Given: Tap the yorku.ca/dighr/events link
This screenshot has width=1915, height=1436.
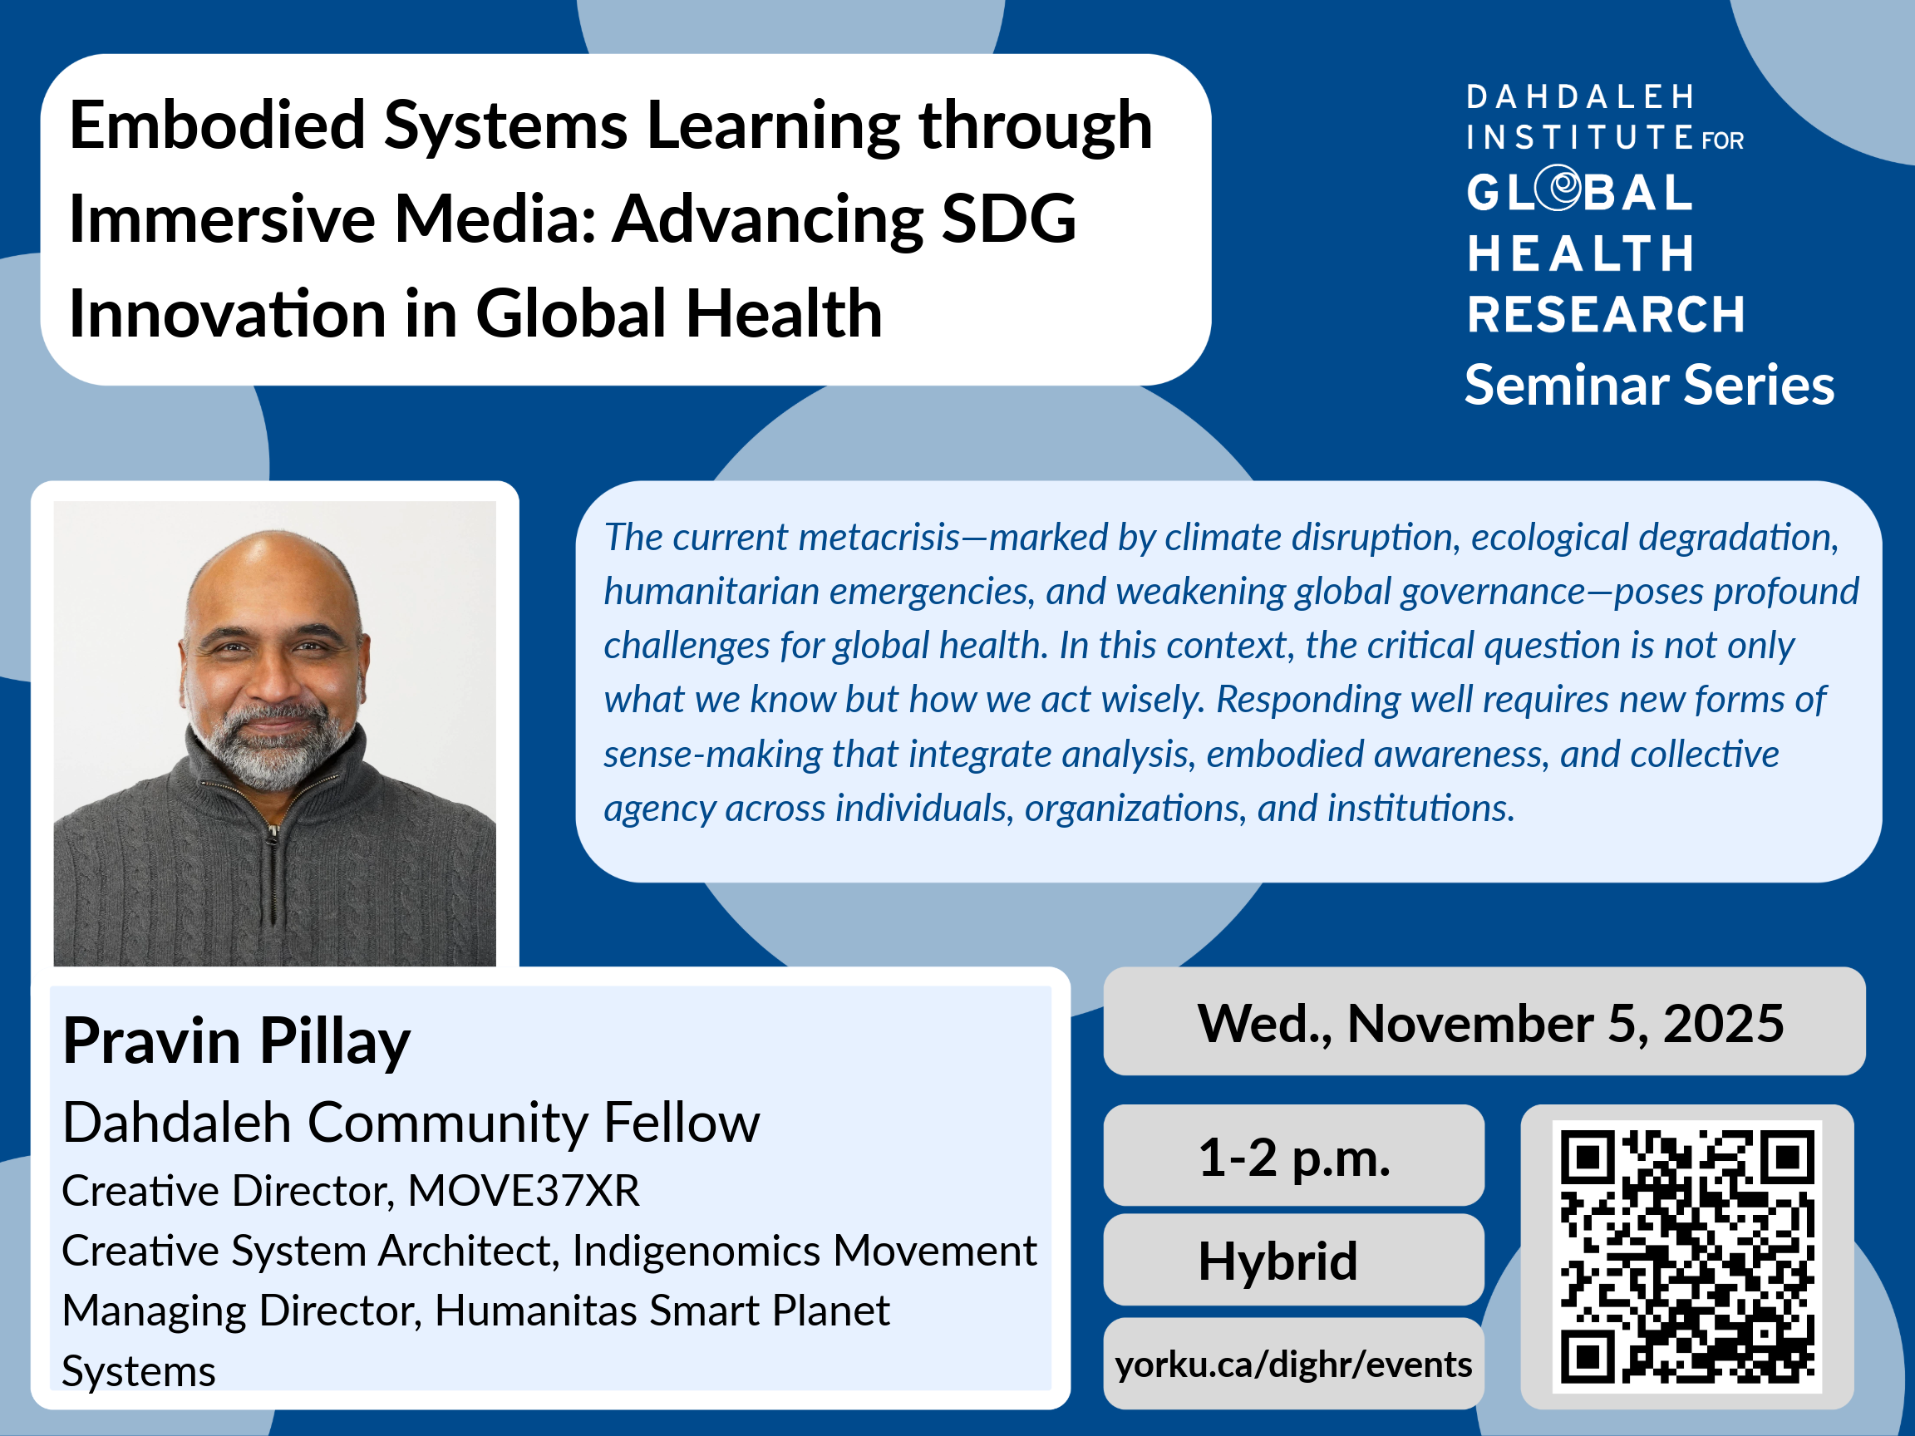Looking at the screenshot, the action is (x=1293, y=1365).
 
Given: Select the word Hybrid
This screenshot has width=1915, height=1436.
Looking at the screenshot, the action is (x=1277, y=1261).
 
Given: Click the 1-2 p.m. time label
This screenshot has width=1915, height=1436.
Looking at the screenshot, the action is (x=1294, y=1158).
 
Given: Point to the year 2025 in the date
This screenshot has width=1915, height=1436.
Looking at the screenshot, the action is (x=1723, y=1023).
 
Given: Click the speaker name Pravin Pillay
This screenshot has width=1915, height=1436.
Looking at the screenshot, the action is (x=236, y=1042).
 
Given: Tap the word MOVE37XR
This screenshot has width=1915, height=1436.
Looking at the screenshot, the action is (x=524, y=1190).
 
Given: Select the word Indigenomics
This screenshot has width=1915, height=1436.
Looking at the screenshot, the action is (x=696, y=1252).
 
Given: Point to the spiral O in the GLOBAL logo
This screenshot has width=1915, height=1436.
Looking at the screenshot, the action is (x=1563, y=189).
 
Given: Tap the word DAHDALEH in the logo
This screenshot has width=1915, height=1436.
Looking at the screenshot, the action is (x=1580, y=97).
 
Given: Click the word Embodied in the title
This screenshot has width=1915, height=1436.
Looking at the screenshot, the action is (x=217, y=125).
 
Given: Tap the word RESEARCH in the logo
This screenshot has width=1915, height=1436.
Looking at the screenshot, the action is (x=1606, y=314).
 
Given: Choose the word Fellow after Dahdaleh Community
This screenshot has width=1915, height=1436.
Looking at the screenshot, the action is (x=682, y=1124).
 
